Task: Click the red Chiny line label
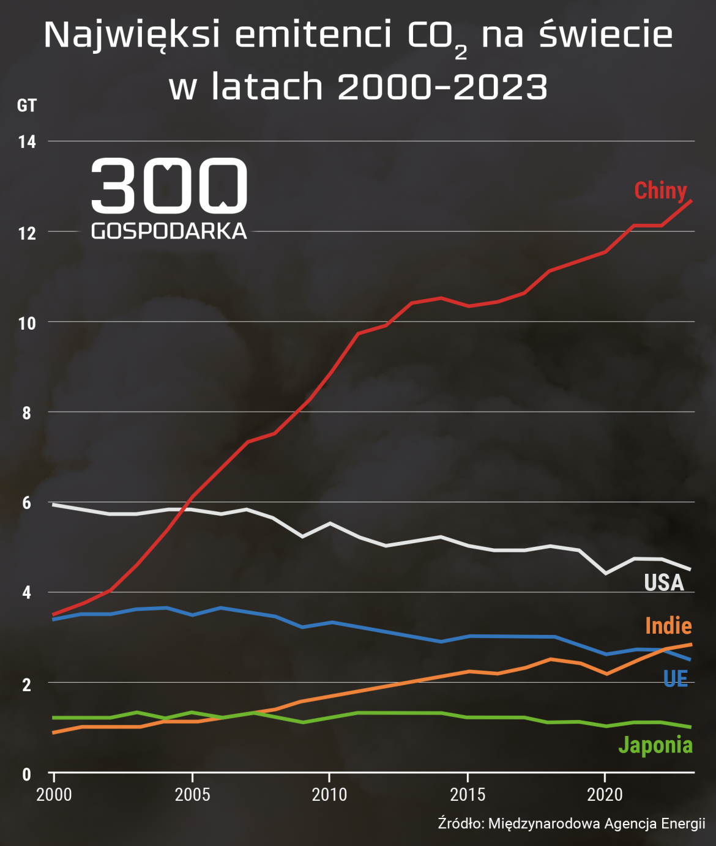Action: (660, 190)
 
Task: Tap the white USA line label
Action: (663, 582)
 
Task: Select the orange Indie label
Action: (668, 625)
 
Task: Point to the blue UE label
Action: (676, 678)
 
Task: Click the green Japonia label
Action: (655, 744)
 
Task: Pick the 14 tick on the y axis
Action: (27, 142)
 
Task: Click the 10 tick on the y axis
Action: (27, 323)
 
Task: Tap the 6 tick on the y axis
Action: (27, 503)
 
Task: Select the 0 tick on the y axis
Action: (27, 774)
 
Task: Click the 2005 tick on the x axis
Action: (192, 795)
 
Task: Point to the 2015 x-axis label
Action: (468, 795)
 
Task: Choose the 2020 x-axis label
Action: (605, 795)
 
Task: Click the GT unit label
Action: (27, 106)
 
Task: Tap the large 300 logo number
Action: (169, 185)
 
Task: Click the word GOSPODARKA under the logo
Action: (169, 231)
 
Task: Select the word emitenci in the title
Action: (313, 35)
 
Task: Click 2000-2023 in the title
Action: (442, 87)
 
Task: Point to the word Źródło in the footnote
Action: (460, 823)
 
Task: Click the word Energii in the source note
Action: (683, 823)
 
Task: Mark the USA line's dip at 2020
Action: (605, 573)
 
